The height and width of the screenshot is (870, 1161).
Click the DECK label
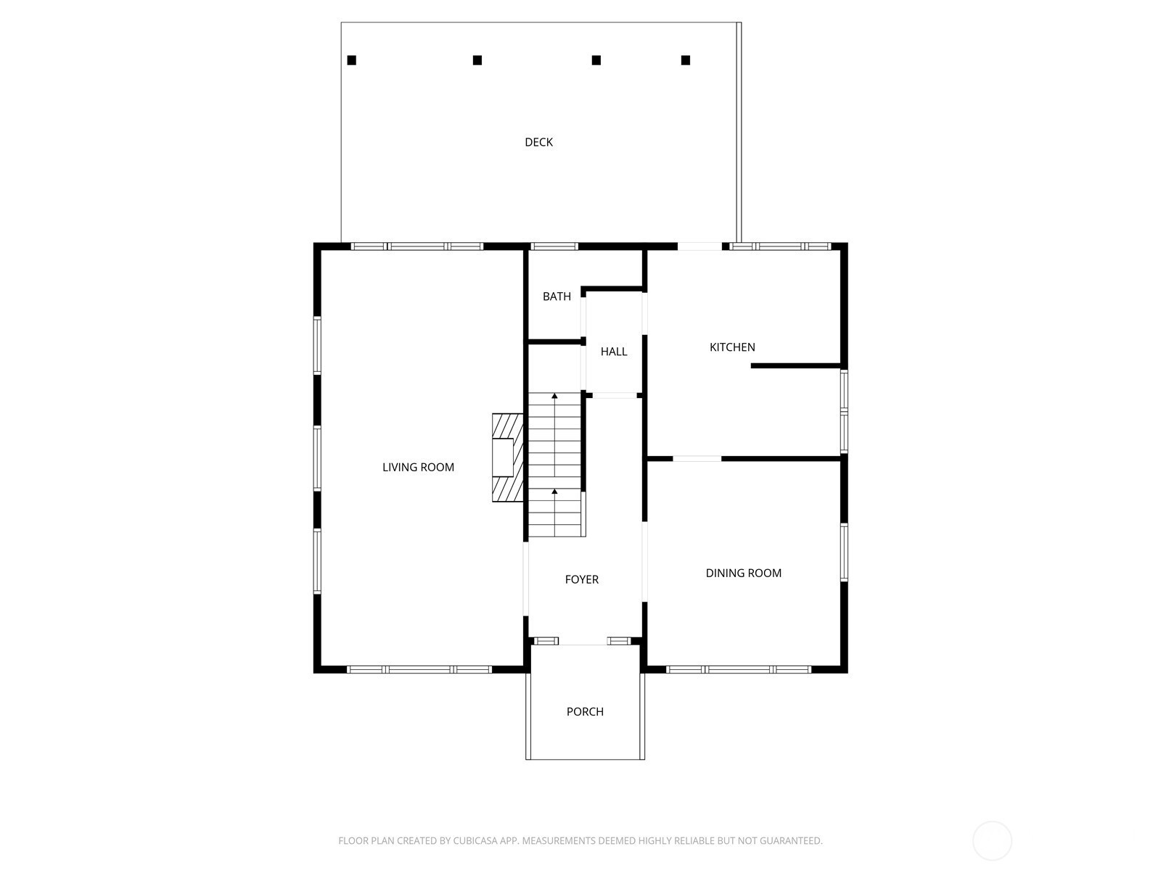point(538,142)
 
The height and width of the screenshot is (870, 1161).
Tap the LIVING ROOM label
point(418,467)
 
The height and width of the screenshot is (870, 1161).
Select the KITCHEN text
point(732,347)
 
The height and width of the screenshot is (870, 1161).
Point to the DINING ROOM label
point(743,573)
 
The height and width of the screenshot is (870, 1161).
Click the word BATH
point(557,297)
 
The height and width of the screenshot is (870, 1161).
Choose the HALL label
point(614,352)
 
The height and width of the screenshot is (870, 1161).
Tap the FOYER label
point(581,579)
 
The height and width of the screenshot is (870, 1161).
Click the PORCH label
point(584,711)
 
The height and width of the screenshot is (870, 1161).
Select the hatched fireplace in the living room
point(508,457)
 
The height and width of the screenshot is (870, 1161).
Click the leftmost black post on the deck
point(352,60)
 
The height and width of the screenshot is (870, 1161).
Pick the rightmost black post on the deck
point(686,60)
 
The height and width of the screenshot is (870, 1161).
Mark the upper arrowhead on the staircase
point(554,395)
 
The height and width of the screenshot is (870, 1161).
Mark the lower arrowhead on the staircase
point(554,492)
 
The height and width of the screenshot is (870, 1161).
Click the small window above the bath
point(554,246)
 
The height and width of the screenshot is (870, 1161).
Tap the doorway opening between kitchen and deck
point(700,246)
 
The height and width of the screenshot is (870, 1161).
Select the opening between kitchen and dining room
point(697,458)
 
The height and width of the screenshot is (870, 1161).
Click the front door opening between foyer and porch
point(583,642)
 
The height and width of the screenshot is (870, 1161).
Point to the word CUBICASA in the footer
point(473,840)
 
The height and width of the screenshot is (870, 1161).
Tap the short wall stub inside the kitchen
point(795,365)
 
